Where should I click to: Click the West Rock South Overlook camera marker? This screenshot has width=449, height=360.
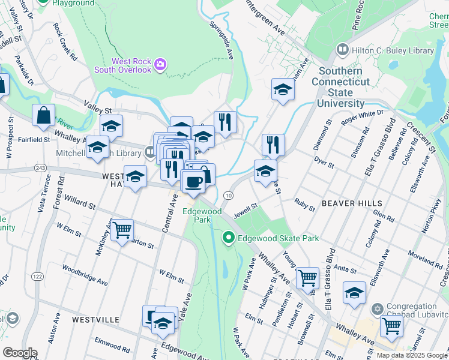click(160, 64)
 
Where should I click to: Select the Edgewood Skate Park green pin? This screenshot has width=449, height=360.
click(228, 239)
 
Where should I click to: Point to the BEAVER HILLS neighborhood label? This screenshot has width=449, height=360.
click(348, 203)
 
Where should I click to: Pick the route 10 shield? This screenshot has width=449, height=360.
click(228, 196)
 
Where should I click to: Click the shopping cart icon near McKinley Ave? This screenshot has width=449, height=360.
click(122, 229)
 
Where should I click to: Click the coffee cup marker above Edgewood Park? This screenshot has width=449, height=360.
click(193, 181)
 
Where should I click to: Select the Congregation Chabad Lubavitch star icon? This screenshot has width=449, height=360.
click(377, 307)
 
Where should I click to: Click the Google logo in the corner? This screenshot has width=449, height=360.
click(19, 353)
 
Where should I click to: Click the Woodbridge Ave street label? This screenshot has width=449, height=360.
click(85, 276)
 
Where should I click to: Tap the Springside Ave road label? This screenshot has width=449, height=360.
click(221, 41)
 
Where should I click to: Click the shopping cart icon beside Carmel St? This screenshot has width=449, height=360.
click(391, 326)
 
